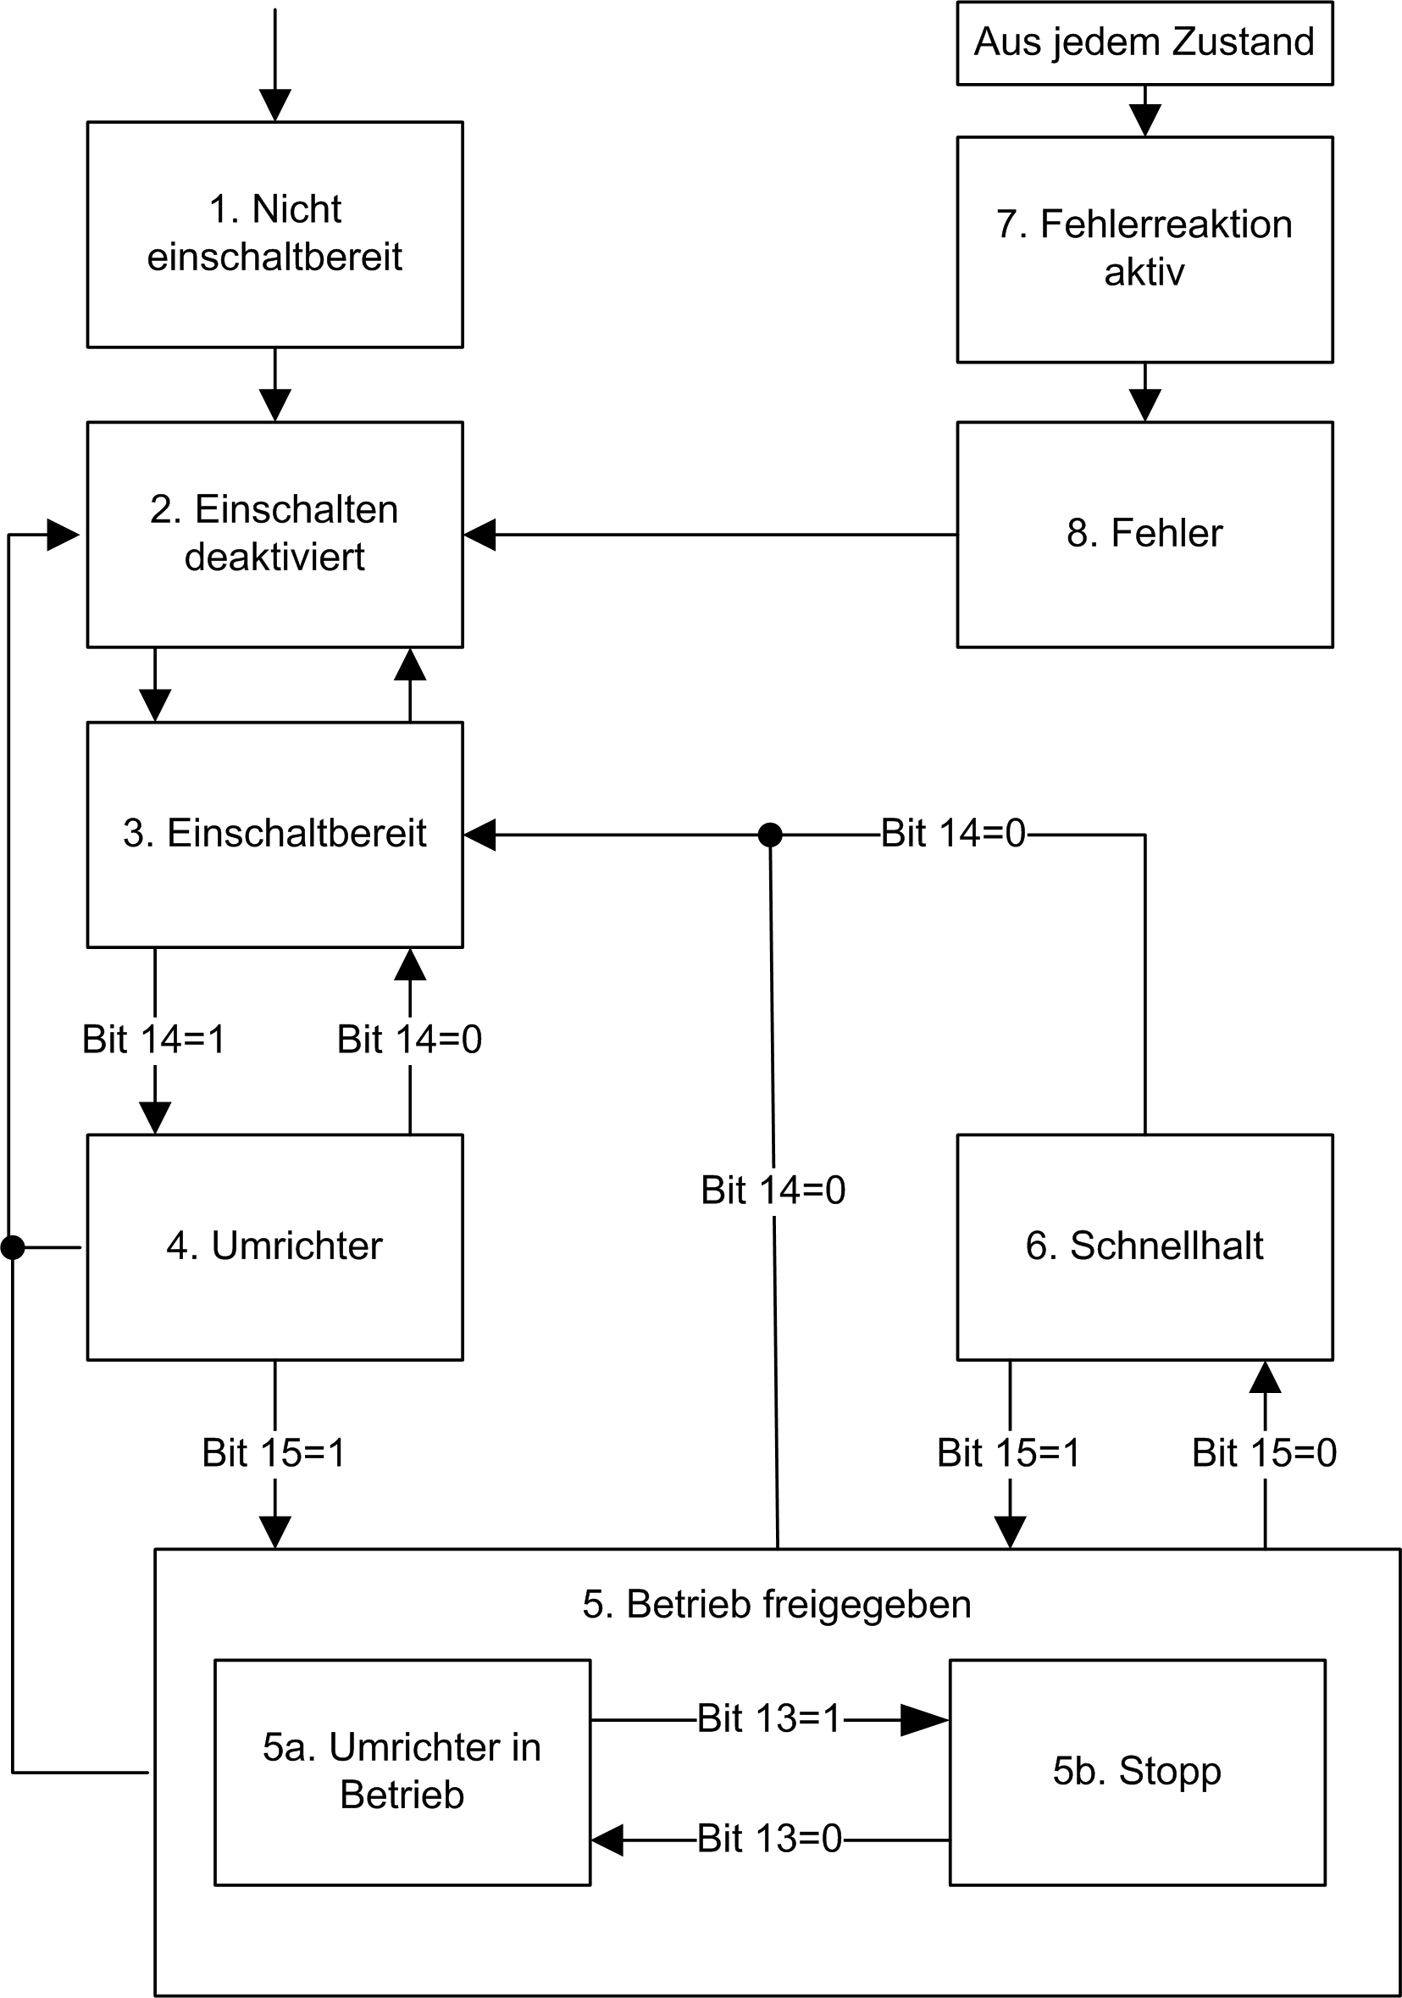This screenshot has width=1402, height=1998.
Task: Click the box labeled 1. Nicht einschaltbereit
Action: click(x=274, y=233)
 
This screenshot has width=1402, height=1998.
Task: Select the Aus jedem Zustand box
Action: click(x=1144, y=42)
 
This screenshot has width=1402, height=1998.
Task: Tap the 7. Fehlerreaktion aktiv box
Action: click(x=1144, y=249)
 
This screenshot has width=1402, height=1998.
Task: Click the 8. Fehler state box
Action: click(x=1144, y=534)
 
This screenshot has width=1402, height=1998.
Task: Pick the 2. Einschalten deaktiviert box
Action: click(x=274, y=534)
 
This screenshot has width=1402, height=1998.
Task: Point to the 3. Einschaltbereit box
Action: click(x=274, y=834)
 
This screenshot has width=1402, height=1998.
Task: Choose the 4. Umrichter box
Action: click(x=274, y=1246)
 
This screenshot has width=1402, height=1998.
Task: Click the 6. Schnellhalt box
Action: click(x=1144, y=1246)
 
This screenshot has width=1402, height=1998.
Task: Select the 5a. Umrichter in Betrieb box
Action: click(x=402, y=1772)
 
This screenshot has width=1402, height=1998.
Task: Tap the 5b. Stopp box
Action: click(x=1137, y=1772)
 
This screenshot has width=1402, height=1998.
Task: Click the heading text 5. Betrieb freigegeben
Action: click(x=776, y=1605)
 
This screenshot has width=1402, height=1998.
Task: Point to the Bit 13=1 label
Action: click(x=769, y=1719)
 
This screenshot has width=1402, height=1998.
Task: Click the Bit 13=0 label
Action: click(x=769, y=1840)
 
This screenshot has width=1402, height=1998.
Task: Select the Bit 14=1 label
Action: click(x=154, y=1040)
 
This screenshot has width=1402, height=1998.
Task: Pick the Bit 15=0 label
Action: click(x=1264, y=1453)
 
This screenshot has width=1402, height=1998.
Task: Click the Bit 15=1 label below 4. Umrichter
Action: click(x=274, y=1453)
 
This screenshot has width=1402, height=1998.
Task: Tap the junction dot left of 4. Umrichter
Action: click(x=12, y=1247)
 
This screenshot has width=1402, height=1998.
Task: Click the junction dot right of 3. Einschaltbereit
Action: click(x=770, y=835)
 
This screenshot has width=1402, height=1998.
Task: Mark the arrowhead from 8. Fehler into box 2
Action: click(x=480, y=535)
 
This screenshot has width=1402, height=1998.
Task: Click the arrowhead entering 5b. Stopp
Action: click(x=924, y=1719)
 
